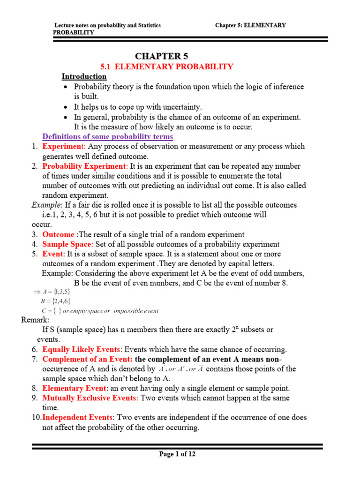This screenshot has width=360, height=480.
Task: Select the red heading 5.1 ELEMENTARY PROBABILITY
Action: pos(167,67)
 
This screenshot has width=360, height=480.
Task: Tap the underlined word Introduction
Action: pos(84,76)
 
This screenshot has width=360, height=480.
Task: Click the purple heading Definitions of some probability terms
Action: pos(108,136)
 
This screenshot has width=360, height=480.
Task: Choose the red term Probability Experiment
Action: pos(84,166)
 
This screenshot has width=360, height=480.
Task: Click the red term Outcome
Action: pos(58,234)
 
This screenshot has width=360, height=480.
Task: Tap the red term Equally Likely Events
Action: pos(82,349)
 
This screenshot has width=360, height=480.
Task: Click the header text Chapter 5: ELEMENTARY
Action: pos(250,25)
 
